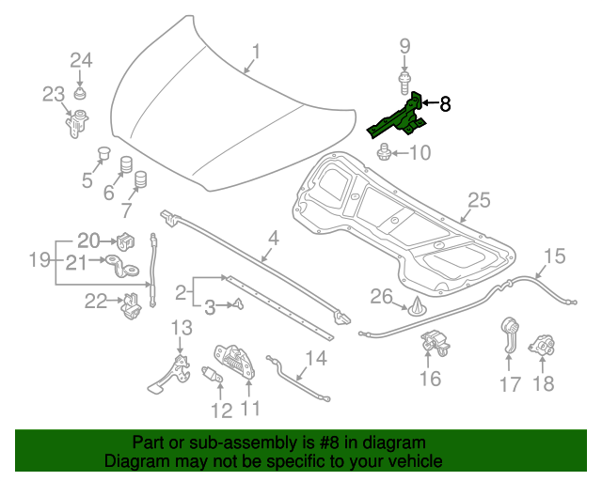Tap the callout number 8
click(x=445, y=104)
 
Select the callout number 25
click(x=479, y=200)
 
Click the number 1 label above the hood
click(x=255, y=53)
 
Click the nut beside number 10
click(x=385, y=151)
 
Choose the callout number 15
click(x=554, y=256)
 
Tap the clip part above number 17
click(x=509, y=336)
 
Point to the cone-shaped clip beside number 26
click(x=415, y=305)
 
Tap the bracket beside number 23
click(x=74, y=122)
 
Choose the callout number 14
click(x=315, y=357)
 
